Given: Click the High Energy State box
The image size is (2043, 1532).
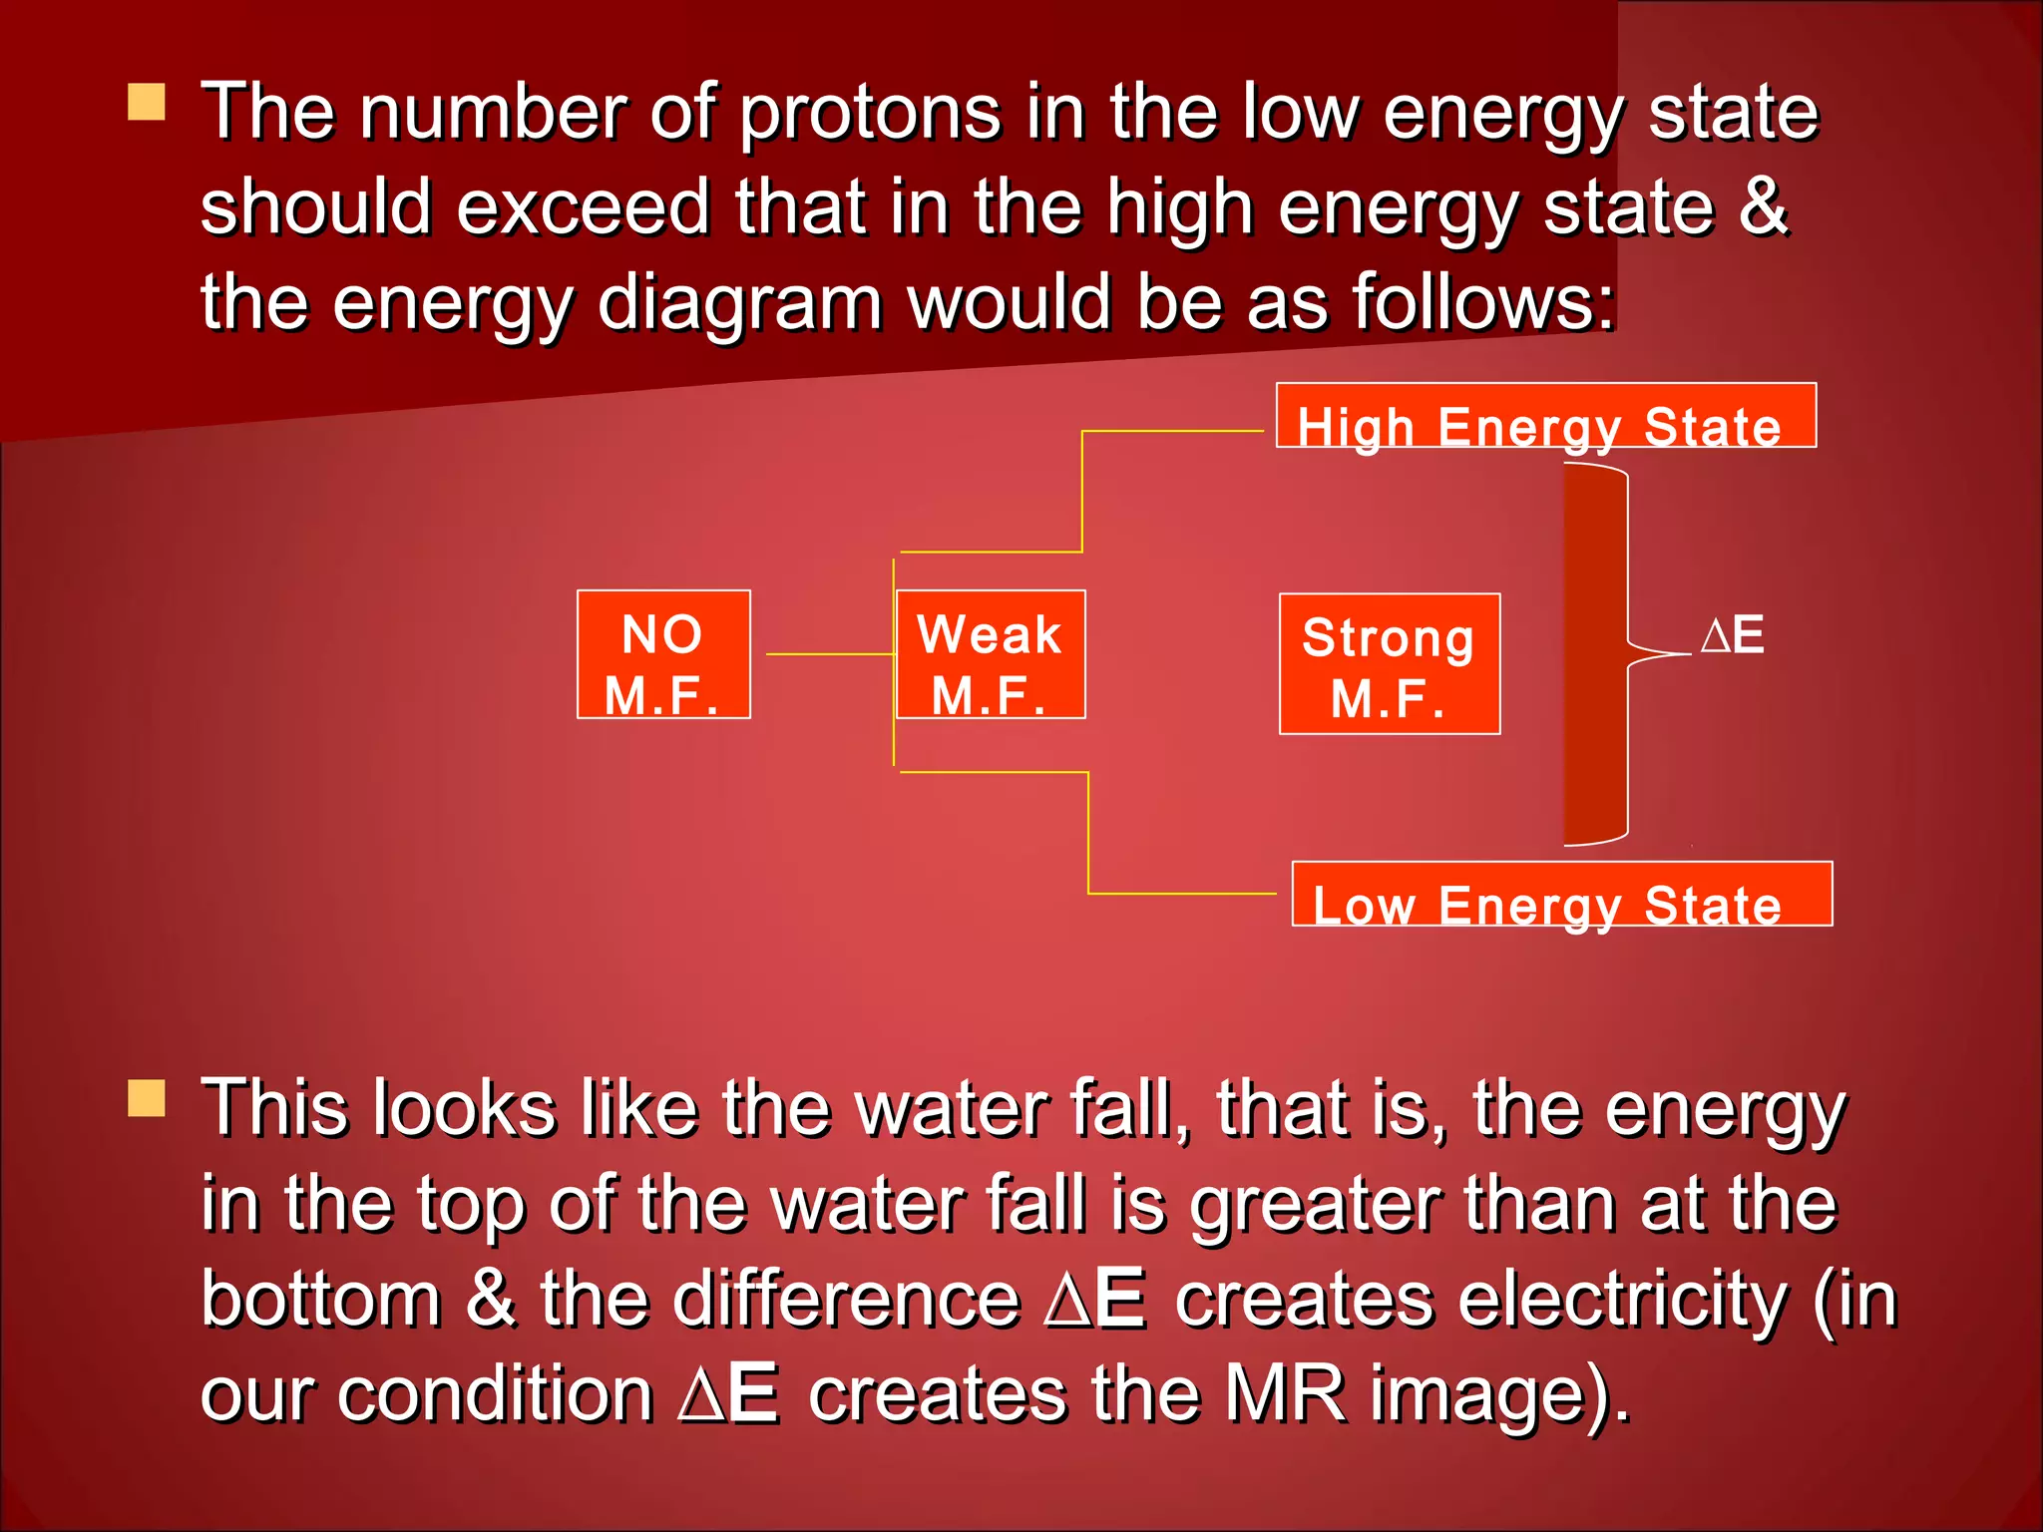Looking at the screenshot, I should [1545, 416].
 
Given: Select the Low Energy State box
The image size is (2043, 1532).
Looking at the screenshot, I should [1561, 894].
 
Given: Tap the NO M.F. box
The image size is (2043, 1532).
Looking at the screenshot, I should [663, 654].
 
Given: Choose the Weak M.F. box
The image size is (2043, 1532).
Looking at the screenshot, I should [991, 654].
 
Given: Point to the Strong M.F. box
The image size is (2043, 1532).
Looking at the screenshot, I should [1390, 664].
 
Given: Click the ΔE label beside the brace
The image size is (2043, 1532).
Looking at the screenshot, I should [1733, 635].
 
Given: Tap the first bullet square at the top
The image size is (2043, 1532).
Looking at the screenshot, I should [147, 102].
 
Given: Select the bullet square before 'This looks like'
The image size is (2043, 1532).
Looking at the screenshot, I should [147, 1098].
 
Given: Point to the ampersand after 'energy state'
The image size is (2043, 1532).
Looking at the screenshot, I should [1763, 206].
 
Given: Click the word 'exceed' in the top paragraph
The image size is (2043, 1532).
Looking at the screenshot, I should [583, 206].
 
